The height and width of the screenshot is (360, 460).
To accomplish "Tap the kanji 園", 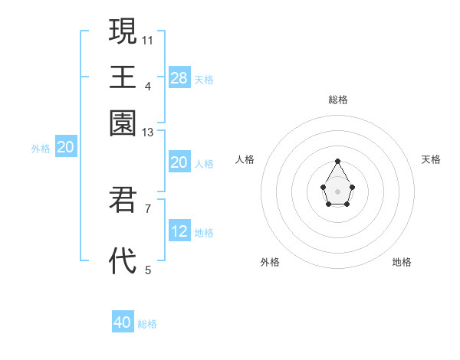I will pyautogui.click(x=123, y=123).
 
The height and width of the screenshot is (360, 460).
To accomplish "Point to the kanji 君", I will pyautogui.click(x=123, y=200).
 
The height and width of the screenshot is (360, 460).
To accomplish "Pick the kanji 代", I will pyautogui.click(x=123, y=261).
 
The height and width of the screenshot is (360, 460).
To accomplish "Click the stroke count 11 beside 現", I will pyautogui.click(x=148, y=39).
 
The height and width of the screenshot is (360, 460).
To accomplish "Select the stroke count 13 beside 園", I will pyautogui.click(x=148, y=133).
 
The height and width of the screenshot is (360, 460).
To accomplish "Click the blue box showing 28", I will pyautogui.click(x=179, y=78).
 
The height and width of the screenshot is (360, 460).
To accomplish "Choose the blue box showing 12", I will pyautogui.click(x=179, y=231).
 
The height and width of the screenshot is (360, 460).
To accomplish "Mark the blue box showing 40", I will pyautogui.click(x=123, y=322).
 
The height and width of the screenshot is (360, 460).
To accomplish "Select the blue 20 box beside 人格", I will pyautogui.click(x=179, y=162).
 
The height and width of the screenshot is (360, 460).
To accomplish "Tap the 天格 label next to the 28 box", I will pyautogui.click(x=204, y=80).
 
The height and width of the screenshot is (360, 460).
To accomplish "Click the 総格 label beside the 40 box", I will pyautogui.click(x=147, y=324).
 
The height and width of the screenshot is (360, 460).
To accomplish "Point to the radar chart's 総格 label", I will pyautogui.click(x=338, y=100).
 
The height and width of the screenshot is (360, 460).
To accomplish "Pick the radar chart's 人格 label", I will pyautogui.click(x=245, y=159).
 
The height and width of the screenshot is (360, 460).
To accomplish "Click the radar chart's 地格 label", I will pyautogui.click(x=402, y=262).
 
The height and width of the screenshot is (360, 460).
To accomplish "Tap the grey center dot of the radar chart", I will pyautogui.click(x=337, y=191).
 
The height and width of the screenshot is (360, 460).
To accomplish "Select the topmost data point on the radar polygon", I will pyautogui.click(x=337, y=161).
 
